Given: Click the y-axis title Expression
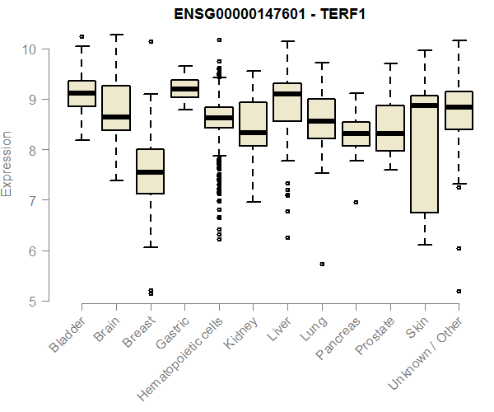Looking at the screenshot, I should point(7,163).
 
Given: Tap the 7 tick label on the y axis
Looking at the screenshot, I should point(32,200).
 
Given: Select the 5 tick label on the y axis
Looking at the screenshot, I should point(32,302).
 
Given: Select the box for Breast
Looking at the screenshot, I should point(150,171).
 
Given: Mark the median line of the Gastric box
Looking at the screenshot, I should point(184,89).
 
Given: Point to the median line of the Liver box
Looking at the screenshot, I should point(287,94).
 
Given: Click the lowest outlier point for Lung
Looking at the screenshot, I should point(322,264).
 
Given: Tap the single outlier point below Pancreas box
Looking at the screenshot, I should point(356,202).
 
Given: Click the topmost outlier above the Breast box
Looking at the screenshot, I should point(150,41).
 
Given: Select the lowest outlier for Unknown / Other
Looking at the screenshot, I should point(459,291).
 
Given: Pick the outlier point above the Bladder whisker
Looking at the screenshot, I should point(82,37).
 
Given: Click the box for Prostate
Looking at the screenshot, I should point(390,128).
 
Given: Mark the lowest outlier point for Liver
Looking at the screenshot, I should point(287,237).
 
